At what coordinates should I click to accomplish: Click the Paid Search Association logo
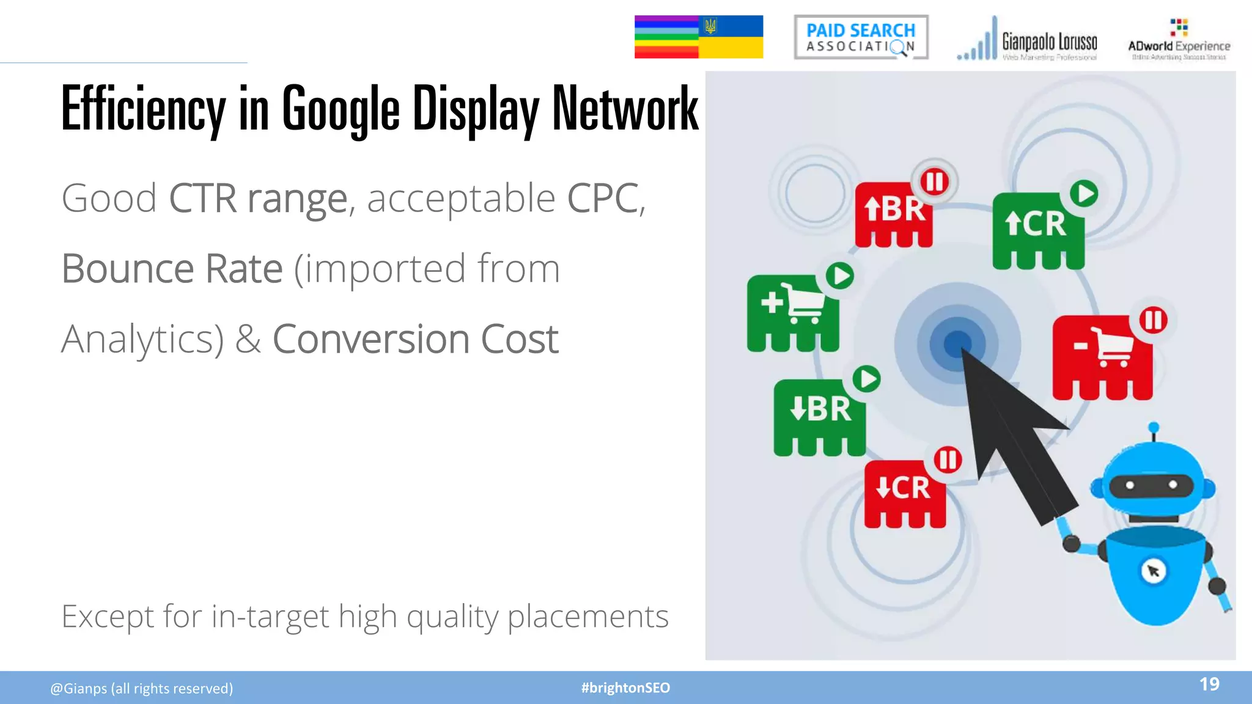(x=861, y=37)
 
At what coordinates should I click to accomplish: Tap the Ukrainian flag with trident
(x=731, y=37)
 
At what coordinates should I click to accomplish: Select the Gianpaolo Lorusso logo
(x=1027, y=39)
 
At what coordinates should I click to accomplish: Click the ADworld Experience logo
(x=1179, y=40)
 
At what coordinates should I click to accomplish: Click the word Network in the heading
(x=625, y=109)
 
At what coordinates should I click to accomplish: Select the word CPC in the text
(x=603, y=199)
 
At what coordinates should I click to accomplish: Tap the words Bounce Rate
(x=172, y=269)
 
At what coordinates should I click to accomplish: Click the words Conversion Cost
(x=415, y=339)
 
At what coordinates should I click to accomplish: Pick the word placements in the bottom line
(x=587, y=616)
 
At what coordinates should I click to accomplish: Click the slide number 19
(x=1209, y=684)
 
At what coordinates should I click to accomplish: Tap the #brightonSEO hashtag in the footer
(x=625, y=688)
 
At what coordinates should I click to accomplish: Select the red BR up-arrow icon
(x=894, y=214)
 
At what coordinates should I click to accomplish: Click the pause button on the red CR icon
(x=948, y=460)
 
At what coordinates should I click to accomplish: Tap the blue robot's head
(x=1152, y=483)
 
